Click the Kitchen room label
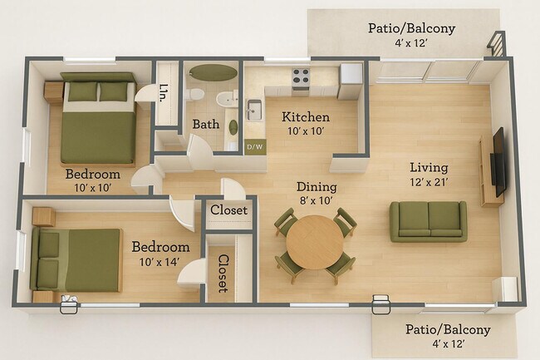306,117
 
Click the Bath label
206,125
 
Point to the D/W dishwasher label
253,148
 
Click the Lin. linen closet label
165,91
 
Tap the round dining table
315,241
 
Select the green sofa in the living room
428,220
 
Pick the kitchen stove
301,80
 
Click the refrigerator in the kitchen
351,80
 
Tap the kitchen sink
253,109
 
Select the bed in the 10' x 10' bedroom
97,121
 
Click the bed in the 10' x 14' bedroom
76,259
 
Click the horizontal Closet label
228,210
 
